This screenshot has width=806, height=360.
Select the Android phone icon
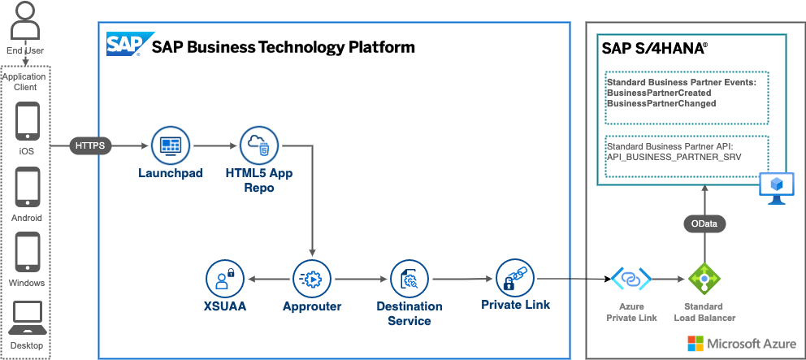(x=28, y=188)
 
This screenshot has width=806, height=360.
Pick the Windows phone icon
(x=28, y=253)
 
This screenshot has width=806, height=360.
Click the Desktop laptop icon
(x=28, y=318)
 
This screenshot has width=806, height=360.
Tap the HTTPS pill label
(x=90, y=146)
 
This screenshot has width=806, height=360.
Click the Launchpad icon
(x=170, y=146)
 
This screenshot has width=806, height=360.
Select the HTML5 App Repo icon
(x=258, y=145)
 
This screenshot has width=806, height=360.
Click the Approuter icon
(x=312, y=279)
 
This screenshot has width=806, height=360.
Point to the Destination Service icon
(x=409, y=279)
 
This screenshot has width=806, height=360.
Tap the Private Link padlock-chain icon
(x=515, y=278)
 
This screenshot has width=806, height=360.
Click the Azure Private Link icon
(x=631, y=280)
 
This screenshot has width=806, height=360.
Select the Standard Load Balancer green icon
(x=704, y=280)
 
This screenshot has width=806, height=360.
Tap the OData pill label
(x=704, y=223)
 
